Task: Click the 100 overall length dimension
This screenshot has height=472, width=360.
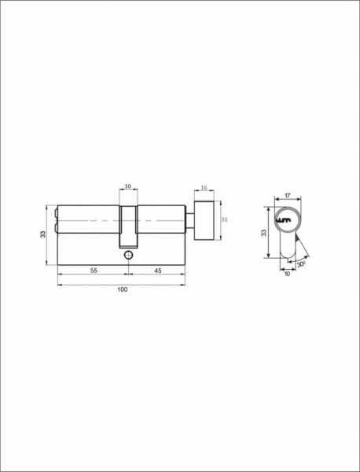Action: (x=123, y=289)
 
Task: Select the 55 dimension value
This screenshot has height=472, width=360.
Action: (x=94, y=271)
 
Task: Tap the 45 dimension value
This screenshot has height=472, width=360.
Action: (x=157, y=271)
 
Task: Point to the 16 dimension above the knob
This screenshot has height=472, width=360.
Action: (x=204, y=187)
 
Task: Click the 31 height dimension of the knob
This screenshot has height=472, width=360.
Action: (x=224, y=219)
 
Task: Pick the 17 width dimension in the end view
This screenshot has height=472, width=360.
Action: (x=287, y=196)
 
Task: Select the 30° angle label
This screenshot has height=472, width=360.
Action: (x=301, y=264)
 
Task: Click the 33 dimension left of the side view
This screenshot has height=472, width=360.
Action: (x=43, y=234)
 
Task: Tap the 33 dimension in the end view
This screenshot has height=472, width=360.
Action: (x=264, y=233)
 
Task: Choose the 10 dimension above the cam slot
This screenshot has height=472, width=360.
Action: (x=128, y=186)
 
